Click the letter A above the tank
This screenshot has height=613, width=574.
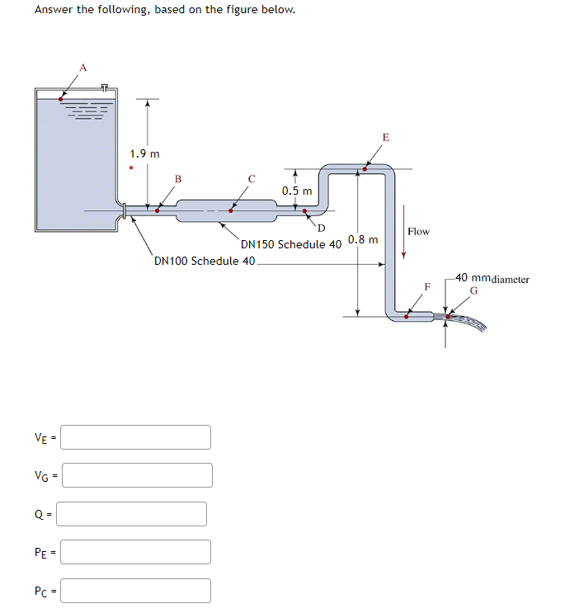point(82,67)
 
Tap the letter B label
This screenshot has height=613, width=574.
point(177,179)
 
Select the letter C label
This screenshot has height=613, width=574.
point(252,178)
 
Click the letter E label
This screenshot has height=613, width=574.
point(385,137)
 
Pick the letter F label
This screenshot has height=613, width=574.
point(427,287)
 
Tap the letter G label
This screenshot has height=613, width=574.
point(474,290)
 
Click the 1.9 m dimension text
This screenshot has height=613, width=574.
point(145,153)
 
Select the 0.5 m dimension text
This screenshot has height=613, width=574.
point(297,191)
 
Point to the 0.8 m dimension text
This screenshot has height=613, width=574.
point(363,240)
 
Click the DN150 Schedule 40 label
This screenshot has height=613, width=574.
point(290,244)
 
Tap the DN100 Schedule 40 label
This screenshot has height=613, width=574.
point(205,262)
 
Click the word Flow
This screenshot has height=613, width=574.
point(418,232)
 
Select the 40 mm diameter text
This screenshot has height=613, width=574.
point(492,279)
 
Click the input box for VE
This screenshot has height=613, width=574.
point(136,437)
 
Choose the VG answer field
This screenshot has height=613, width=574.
point(137,475)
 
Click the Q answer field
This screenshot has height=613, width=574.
point(131,514)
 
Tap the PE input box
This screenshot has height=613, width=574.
point(136,552)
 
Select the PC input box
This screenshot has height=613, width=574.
point(136,591)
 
